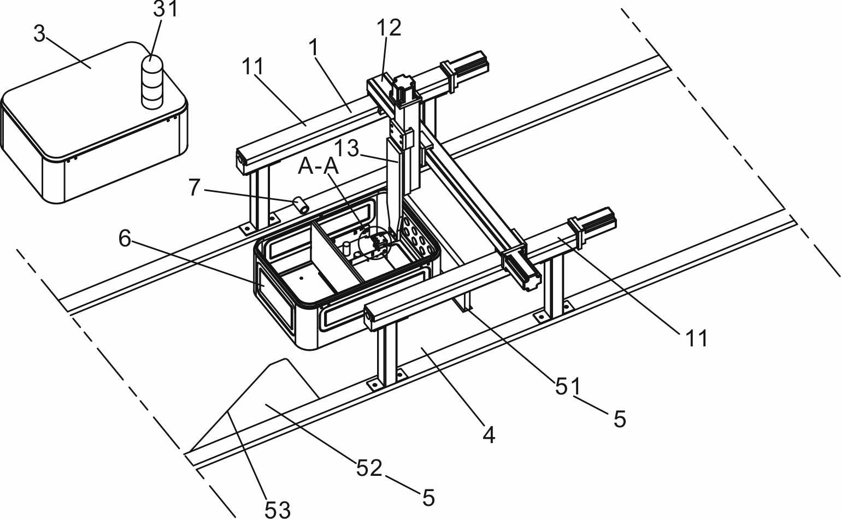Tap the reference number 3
point(39,34)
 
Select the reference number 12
point(389,27)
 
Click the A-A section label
point(318,166)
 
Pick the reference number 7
point(195,187)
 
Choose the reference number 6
point(125,238)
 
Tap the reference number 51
point(568,387)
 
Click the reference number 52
point(369,468)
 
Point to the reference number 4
point(489,435)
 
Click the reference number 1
point(313,48)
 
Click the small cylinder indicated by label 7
point(301,205)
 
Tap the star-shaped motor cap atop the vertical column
point(403,85)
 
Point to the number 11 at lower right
point(696,339)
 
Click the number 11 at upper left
point(252,67)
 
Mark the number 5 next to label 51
point(619,419)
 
